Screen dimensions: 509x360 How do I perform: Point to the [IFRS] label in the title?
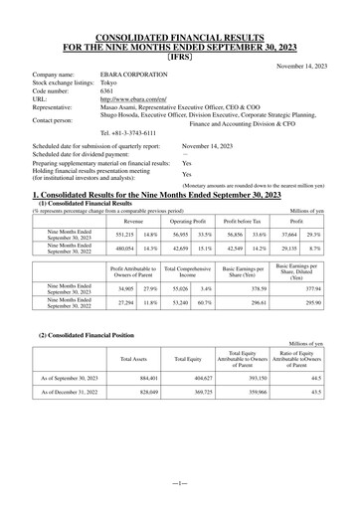[x=180, y=57]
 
